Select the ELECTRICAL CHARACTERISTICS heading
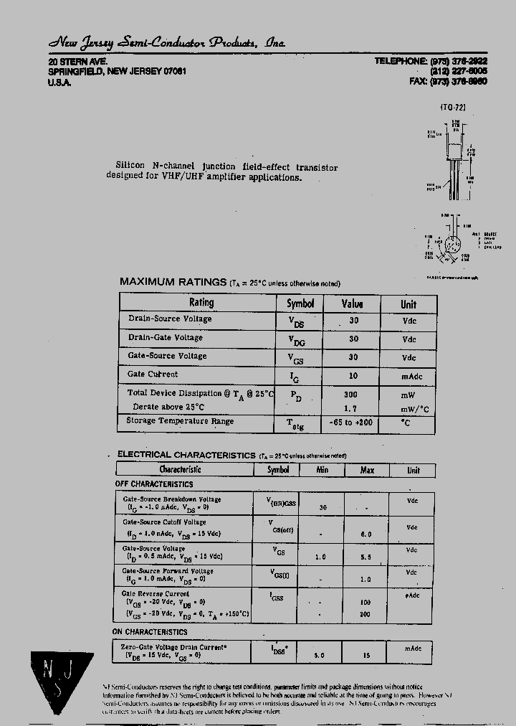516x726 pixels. pos(186,454)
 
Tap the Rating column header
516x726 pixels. pos(201,303)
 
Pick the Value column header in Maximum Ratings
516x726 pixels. pos(352,303)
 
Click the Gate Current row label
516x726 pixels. pos(153,374)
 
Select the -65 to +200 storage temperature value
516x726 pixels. pos(353,423)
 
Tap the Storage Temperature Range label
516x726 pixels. pos(180,421)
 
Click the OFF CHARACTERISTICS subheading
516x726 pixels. pos(153,484)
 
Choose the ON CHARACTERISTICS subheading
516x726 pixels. pos(150,632)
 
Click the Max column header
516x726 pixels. pos(366,470)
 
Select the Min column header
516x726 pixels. pos(322,470)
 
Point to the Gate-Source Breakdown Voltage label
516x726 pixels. pos(172,499)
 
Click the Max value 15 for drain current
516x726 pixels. pos(367,655)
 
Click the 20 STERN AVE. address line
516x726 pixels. pos(77,62)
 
